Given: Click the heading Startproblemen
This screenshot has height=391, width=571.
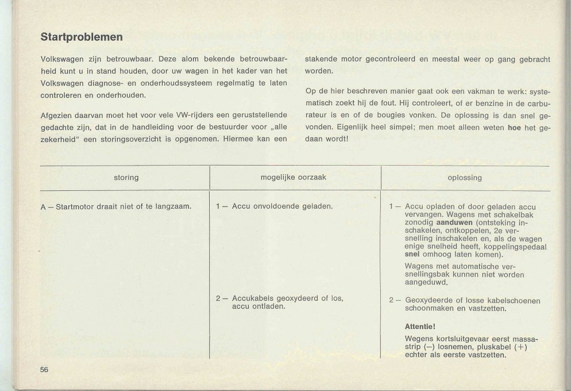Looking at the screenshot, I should (x=81, y=37).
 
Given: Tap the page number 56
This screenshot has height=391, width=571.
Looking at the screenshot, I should (x=44, y=370).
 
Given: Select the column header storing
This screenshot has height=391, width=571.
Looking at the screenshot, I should (x=126, y=178).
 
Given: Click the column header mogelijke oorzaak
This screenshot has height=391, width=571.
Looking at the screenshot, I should (x=294, y=178).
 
